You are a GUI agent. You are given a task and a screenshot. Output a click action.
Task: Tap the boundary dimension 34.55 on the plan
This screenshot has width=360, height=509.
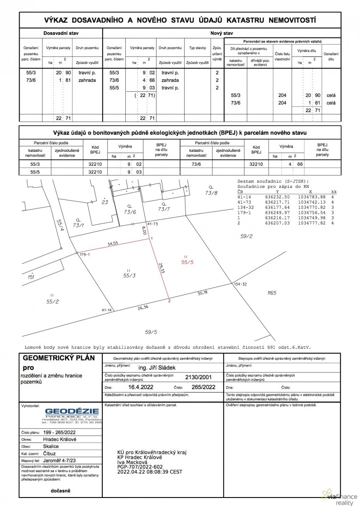112,244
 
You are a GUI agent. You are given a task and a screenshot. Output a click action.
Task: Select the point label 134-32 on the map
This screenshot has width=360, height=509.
240,284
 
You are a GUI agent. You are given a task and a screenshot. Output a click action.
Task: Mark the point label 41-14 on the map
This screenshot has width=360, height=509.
107,310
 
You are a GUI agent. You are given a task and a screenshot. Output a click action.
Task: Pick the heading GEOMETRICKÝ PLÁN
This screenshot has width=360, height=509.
59,358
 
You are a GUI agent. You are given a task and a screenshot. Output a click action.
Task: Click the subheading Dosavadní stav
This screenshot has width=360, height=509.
61,33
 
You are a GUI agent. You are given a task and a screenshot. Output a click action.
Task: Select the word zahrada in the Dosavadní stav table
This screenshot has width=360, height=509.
87,80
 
